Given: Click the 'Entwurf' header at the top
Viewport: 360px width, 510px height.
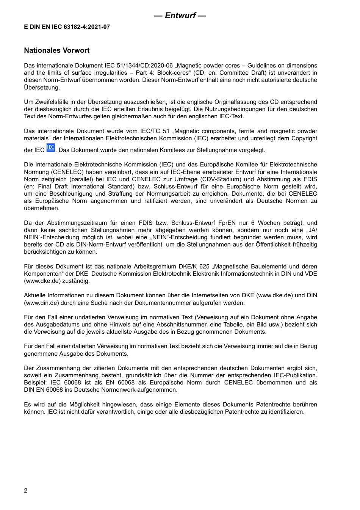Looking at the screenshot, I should coord(180,16).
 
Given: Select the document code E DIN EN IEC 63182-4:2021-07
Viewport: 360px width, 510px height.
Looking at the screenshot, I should coord(67,27).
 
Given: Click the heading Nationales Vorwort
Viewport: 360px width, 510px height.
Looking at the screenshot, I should coord(57,50).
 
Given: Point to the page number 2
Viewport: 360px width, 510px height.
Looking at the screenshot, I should coord(26,491).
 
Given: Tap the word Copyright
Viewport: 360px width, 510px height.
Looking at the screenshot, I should coord(304,138).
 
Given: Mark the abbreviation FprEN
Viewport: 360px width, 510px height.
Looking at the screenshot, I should coord(227,223).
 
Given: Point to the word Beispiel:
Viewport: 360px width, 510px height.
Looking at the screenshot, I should coord(35,383).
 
